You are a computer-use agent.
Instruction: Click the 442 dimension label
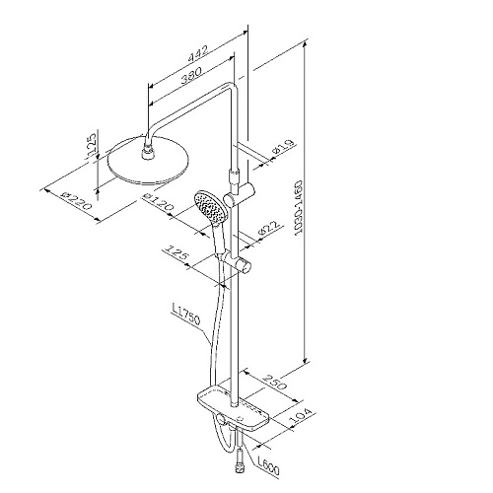198,53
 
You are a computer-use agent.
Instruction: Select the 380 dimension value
190,75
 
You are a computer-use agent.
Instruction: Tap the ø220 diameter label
77,200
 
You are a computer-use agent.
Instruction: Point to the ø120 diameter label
159,201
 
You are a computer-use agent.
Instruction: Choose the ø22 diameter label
269,228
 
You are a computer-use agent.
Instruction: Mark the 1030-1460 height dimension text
299,207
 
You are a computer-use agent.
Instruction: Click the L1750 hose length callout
185,315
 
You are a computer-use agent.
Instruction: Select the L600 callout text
268,465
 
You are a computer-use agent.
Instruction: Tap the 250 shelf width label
274,382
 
